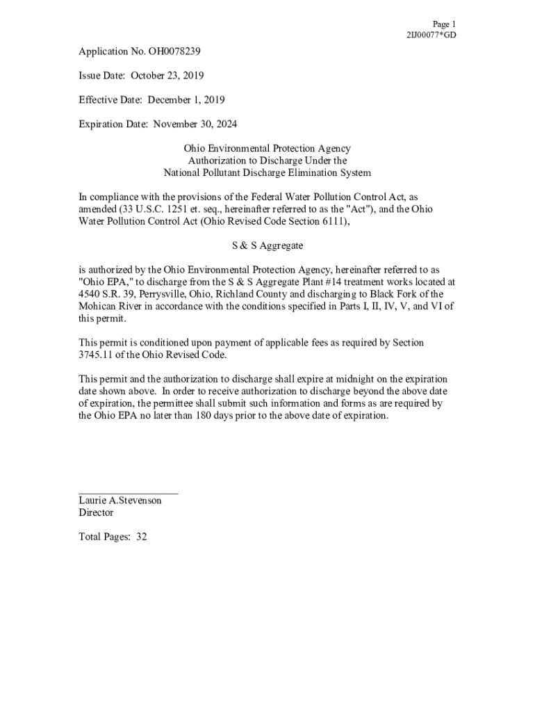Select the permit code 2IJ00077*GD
431,35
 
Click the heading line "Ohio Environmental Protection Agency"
267,149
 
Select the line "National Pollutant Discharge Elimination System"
267,172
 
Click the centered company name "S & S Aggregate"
267,245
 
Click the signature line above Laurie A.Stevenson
128,493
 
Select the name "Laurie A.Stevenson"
120,501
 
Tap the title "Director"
96,513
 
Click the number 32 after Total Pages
142,537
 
